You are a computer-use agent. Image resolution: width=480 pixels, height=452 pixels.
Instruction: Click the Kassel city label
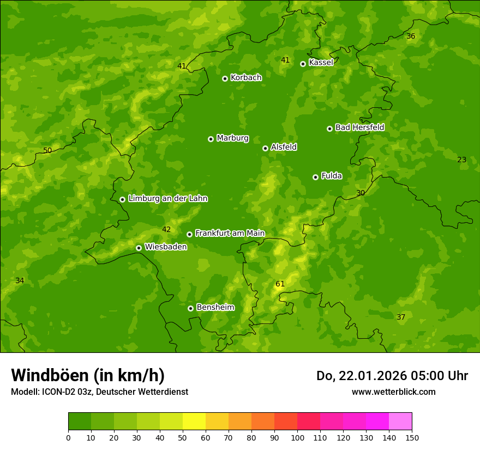[321, 63]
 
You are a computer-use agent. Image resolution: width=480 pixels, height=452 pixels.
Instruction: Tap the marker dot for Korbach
[225, 78]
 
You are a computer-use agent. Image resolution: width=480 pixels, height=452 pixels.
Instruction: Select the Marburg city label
[232, 138]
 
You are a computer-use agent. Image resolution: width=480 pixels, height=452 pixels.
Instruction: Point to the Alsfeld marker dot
[265, 148]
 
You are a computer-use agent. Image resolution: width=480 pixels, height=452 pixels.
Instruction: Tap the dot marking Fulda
[315, 177]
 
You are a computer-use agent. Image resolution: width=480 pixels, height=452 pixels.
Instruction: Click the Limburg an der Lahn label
[167, 199]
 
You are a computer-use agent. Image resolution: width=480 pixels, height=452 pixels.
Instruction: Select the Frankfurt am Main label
[230, 233]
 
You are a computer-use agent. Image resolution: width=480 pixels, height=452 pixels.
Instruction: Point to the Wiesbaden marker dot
[139, 248]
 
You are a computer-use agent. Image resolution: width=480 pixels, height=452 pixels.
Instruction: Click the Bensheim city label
[215, 307]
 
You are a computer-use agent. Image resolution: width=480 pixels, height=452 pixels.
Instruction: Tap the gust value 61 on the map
[280, 284]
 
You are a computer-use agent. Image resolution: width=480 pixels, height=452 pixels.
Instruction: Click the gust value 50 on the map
[47, 150]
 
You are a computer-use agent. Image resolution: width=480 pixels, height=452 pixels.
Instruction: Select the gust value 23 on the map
[461, 160]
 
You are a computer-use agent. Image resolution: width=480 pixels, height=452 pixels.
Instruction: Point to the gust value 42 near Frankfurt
[166, 229]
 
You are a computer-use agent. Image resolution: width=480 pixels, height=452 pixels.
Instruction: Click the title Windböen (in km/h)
[88, 375]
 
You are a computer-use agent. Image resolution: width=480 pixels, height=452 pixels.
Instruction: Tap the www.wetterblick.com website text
[393, 392]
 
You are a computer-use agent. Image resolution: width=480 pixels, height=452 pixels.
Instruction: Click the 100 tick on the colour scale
[297, 437]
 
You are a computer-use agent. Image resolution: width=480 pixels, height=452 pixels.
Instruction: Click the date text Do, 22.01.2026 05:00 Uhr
[392, 376]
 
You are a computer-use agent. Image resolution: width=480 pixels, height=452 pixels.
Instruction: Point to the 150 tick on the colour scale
[412, 437]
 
